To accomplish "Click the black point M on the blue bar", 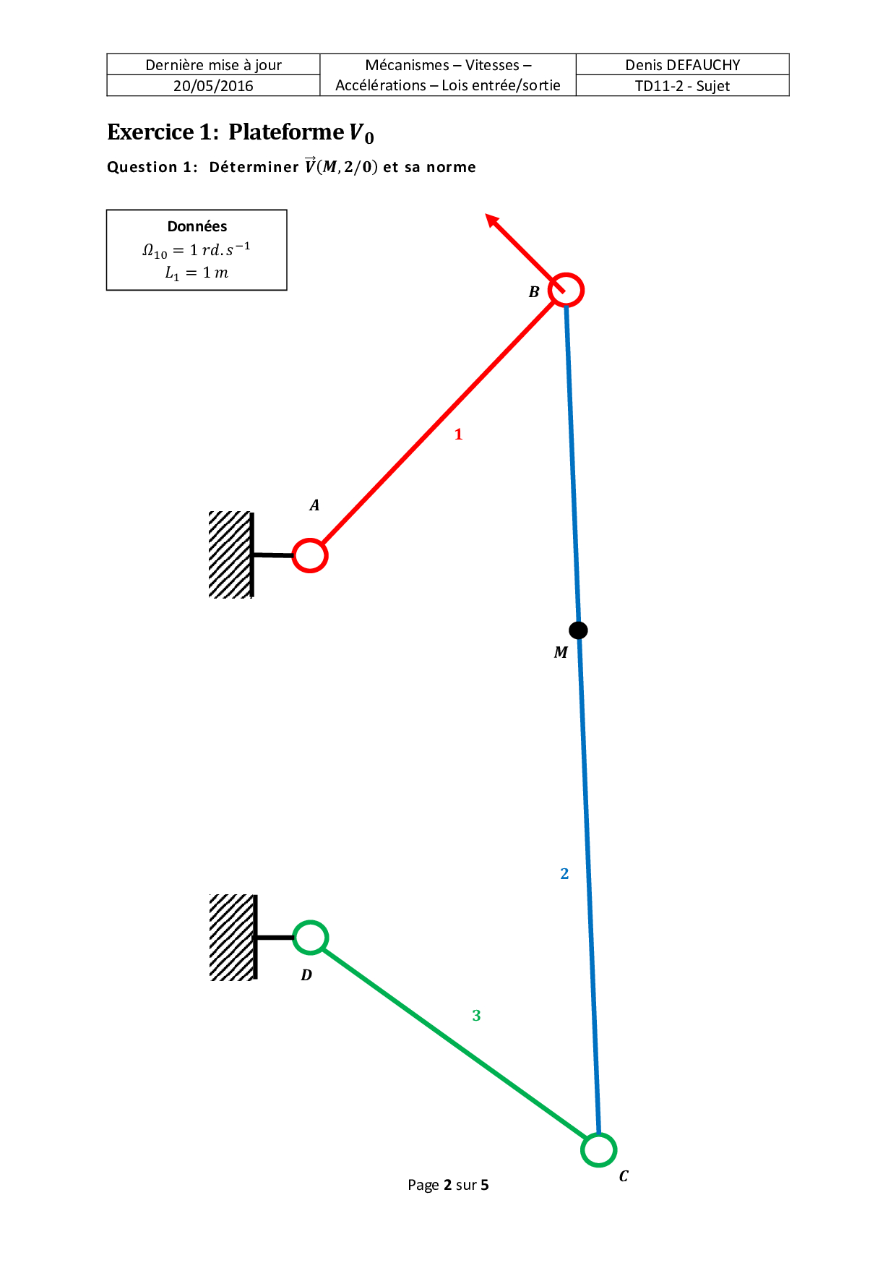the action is [578, 630].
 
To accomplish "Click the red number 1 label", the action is [458, 434].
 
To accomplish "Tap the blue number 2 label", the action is [564, 874].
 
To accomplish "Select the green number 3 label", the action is [476, 1016].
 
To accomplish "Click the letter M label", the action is [561, 653].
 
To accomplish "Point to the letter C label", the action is [624, 1176].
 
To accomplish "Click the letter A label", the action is [314, 505].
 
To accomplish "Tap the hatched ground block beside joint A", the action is [231, 554].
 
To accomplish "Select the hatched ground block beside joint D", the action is [232, 937].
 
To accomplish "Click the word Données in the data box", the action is [197, 226].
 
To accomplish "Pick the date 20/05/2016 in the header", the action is [213, 86].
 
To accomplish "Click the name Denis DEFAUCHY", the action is [683, 65].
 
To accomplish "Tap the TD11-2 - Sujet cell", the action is [682, 86].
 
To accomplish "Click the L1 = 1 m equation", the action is [197, 273].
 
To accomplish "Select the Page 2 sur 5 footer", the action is [448, 1185].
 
